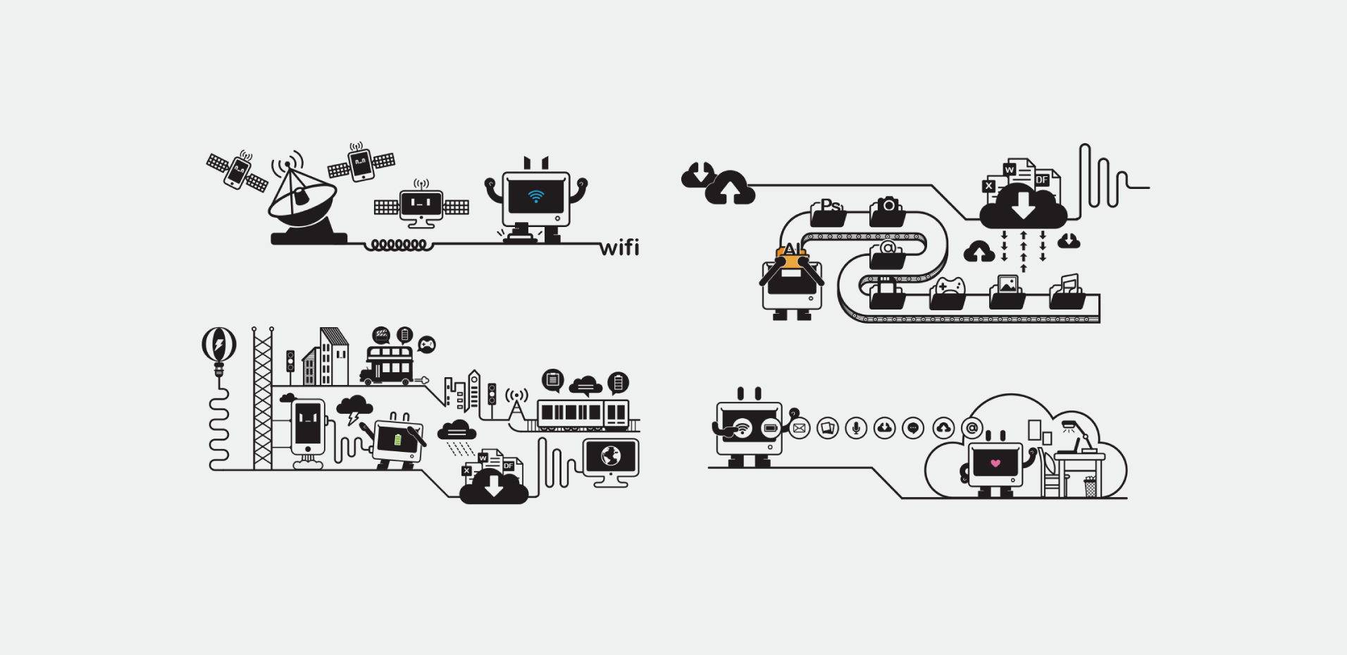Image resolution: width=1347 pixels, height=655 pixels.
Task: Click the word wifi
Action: [x=619, y=247]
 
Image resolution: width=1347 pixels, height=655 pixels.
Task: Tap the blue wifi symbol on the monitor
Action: [x=536, y=195]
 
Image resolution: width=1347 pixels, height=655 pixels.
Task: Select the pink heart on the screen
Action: [x=995, y=463]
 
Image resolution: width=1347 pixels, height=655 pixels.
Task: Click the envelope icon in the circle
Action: [x=799, y=428]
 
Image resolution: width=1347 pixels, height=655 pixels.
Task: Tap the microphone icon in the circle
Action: [x=856, y=428]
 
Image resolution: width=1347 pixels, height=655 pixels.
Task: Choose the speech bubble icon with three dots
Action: [x=913, y=428]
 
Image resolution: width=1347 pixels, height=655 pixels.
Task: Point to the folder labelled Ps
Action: [x=828, y=211]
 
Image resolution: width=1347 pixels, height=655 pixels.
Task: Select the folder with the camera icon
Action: [x=888, y=211]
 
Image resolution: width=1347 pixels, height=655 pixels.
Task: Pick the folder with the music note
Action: [x=1067, y=293]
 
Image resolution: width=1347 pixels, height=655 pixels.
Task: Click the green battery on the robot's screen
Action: [x=398, y=440]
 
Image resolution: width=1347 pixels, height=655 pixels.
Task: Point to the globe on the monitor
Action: [x=610, y=456]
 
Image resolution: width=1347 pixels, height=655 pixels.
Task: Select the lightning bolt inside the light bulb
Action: [x=219, y=345]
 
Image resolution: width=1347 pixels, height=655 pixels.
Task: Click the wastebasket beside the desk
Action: [x=1090, y=486]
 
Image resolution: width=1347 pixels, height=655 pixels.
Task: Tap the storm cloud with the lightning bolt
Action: [x=354, y=408]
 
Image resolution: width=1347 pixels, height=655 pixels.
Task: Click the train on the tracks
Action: [x=583, y=414]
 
